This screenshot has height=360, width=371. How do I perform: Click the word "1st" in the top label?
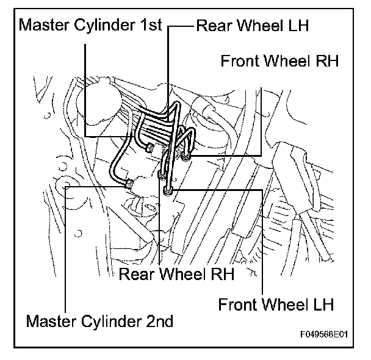(151, 24)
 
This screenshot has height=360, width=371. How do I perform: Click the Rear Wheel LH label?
(252, 25)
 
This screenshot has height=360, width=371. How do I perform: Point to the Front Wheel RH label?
(279, 61)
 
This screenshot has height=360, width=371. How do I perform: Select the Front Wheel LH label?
(276, 304)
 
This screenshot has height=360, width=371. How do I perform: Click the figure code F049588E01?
(324, 334)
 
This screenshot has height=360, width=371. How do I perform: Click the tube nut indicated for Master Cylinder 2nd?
(129, 184)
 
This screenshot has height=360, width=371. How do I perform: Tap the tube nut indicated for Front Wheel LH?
(168, 190)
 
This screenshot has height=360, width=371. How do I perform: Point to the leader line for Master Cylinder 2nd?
(65, 248)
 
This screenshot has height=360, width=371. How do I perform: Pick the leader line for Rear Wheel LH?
(168, 71)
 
